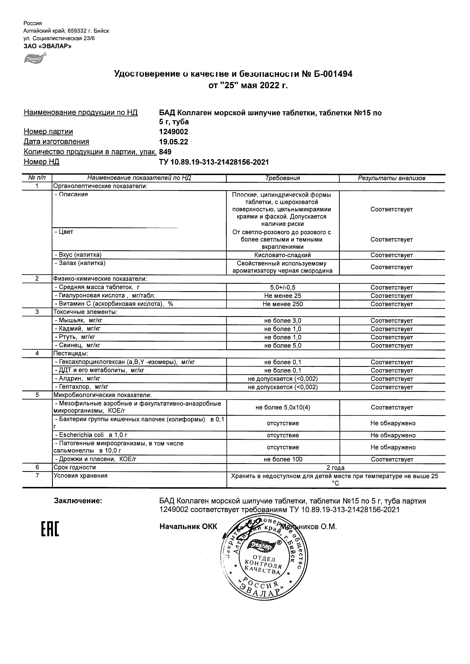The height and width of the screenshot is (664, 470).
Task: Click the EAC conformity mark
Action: [x=50, y=529]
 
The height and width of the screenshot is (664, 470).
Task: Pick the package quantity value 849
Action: [x=165, y=152]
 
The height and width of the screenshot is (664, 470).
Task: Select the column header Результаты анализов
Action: [x=392, y=178]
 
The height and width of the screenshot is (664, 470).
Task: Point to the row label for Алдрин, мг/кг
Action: [x=78, y=379]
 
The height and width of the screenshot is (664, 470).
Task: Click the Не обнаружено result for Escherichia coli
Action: [x=393, y=435]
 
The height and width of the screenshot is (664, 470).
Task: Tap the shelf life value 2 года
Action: [x=335, y=468]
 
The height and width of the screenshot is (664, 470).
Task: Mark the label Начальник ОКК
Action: [x=188, y=527]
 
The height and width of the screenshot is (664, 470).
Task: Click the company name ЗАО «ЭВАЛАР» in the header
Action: [x=47, y=46]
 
